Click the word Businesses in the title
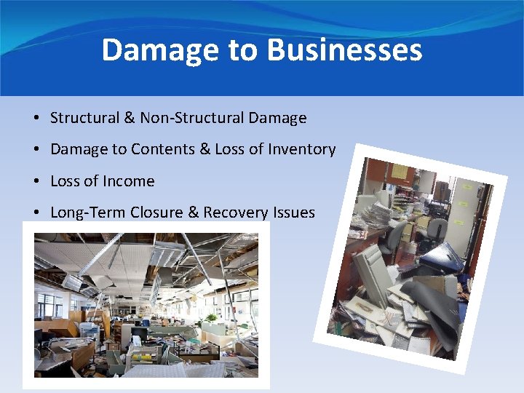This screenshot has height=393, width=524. coord(344,51)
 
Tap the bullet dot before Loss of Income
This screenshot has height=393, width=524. coord(35,182)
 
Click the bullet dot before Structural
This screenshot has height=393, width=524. coord(35,119)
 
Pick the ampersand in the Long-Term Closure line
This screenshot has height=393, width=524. coord(192,213)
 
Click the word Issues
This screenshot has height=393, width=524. coord(296,213)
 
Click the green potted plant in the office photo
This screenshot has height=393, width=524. coord(211,319)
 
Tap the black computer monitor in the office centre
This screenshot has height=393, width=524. coord(138,335)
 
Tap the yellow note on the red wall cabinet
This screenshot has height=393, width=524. coord(400,172)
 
